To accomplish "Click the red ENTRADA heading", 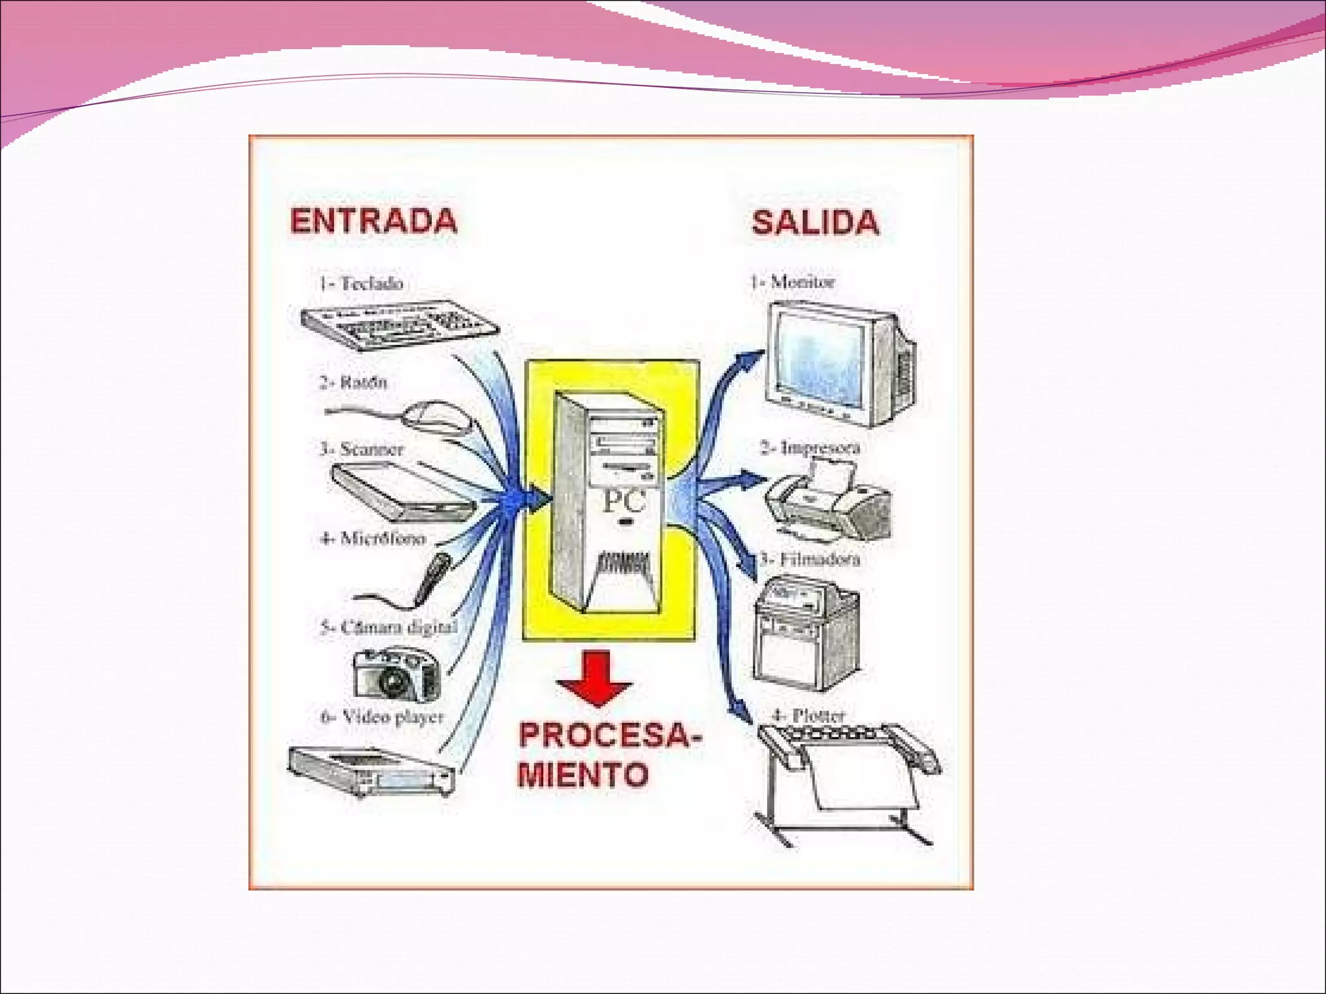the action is click(374, 221).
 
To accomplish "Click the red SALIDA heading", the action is click(815, 223).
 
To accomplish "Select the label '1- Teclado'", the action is click(361, 283).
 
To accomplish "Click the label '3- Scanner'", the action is click(362, 449).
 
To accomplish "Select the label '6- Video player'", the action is click(383, 717).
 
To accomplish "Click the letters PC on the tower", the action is click(624, 502).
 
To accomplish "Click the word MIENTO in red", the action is click(583, 774).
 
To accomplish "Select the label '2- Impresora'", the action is click(810, 448).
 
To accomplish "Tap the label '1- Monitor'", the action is click(792, 282).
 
